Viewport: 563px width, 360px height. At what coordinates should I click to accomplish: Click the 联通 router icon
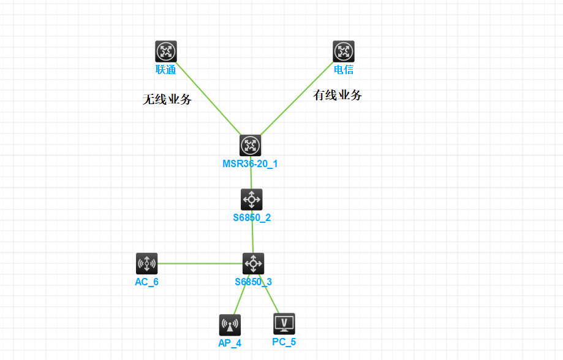(x=165, y=51)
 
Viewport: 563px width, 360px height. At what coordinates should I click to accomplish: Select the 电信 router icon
(x=344, y=51)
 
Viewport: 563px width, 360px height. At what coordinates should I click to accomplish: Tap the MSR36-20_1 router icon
(x=250, y=145)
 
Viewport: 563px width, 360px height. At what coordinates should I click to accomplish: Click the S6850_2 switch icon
(x=252, y=199)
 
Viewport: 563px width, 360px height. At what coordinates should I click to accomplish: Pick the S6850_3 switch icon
(x=253, y=263)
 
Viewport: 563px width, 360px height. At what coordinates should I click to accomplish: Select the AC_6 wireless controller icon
(x=146, y=264)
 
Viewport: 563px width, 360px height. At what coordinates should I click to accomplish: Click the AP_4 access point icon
(x=230, y=325)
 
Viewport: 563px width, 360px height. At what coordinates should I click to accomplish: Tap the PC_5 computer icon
(x=284, y=324)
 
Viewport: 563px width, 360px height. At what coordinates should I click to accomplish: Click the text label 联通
(x=165, y=70)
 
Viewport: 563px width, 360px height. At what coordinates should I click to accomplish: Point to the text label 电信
(x=344, y=70)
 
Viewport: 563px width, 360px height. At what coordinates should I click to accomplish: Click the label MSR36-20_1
(x=250, y=164)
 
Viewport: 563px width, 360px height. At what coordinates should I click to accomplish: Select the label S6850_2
(x=252, y=217)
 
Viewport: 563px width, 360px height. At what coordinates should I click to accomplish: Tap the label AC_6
(x=146, y=282)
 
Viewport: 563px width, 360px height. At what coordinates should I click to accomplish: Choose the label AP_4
(x=230, y=343)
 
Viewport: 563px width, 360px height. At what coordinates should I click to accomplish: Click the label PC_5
(x=284, y=342)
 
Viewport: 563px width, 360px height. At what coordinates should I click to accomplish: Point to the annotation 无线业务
(x=167, y=99)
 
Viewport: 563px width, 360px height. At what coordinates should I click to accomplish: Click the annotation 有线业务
(x=338, y=95)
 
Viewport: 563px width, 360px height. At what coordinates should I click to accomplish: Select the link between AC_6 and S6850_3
(x=199, y=264)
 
